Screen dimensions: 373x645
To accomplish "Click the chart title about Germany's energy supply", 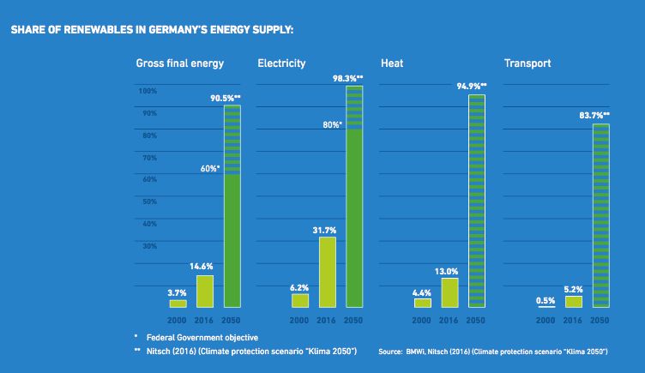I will point(152,30).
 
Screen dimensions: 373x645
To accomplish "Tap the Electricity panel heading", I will point(281,63).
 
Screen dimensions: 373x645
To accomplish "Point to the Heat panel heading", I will point(392,63).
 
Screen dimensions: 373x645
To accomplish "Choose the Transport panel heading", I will point(527,63).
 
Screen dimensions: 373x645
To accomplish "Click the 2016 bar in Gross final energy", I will point(205,291).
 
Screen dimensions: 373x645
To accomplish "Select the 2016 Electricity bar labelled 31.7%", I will point(328,272).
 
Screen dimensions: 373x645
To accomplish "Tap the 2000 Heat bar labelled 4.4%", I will point(422,302).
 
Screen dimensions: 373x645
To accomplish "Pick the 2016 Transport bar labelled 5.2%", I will point(574,301).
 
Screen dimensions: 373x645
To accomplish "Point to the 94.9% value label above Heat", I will point(471,87).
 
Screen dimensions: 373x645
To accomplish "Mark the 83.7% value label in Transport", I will point(594,115).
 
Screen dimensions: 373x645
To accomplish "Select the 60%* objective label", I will point(209,169).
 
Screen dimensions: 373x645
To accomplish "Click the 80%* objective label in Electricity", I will point(331,124).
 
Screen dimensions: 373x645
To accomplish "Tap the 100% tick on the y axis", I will point(147,91).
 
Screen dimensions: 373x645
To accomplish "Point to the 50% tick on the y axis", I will point(148,202).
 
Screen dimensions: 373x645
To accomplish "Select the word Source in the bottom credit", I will point(390,352).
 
